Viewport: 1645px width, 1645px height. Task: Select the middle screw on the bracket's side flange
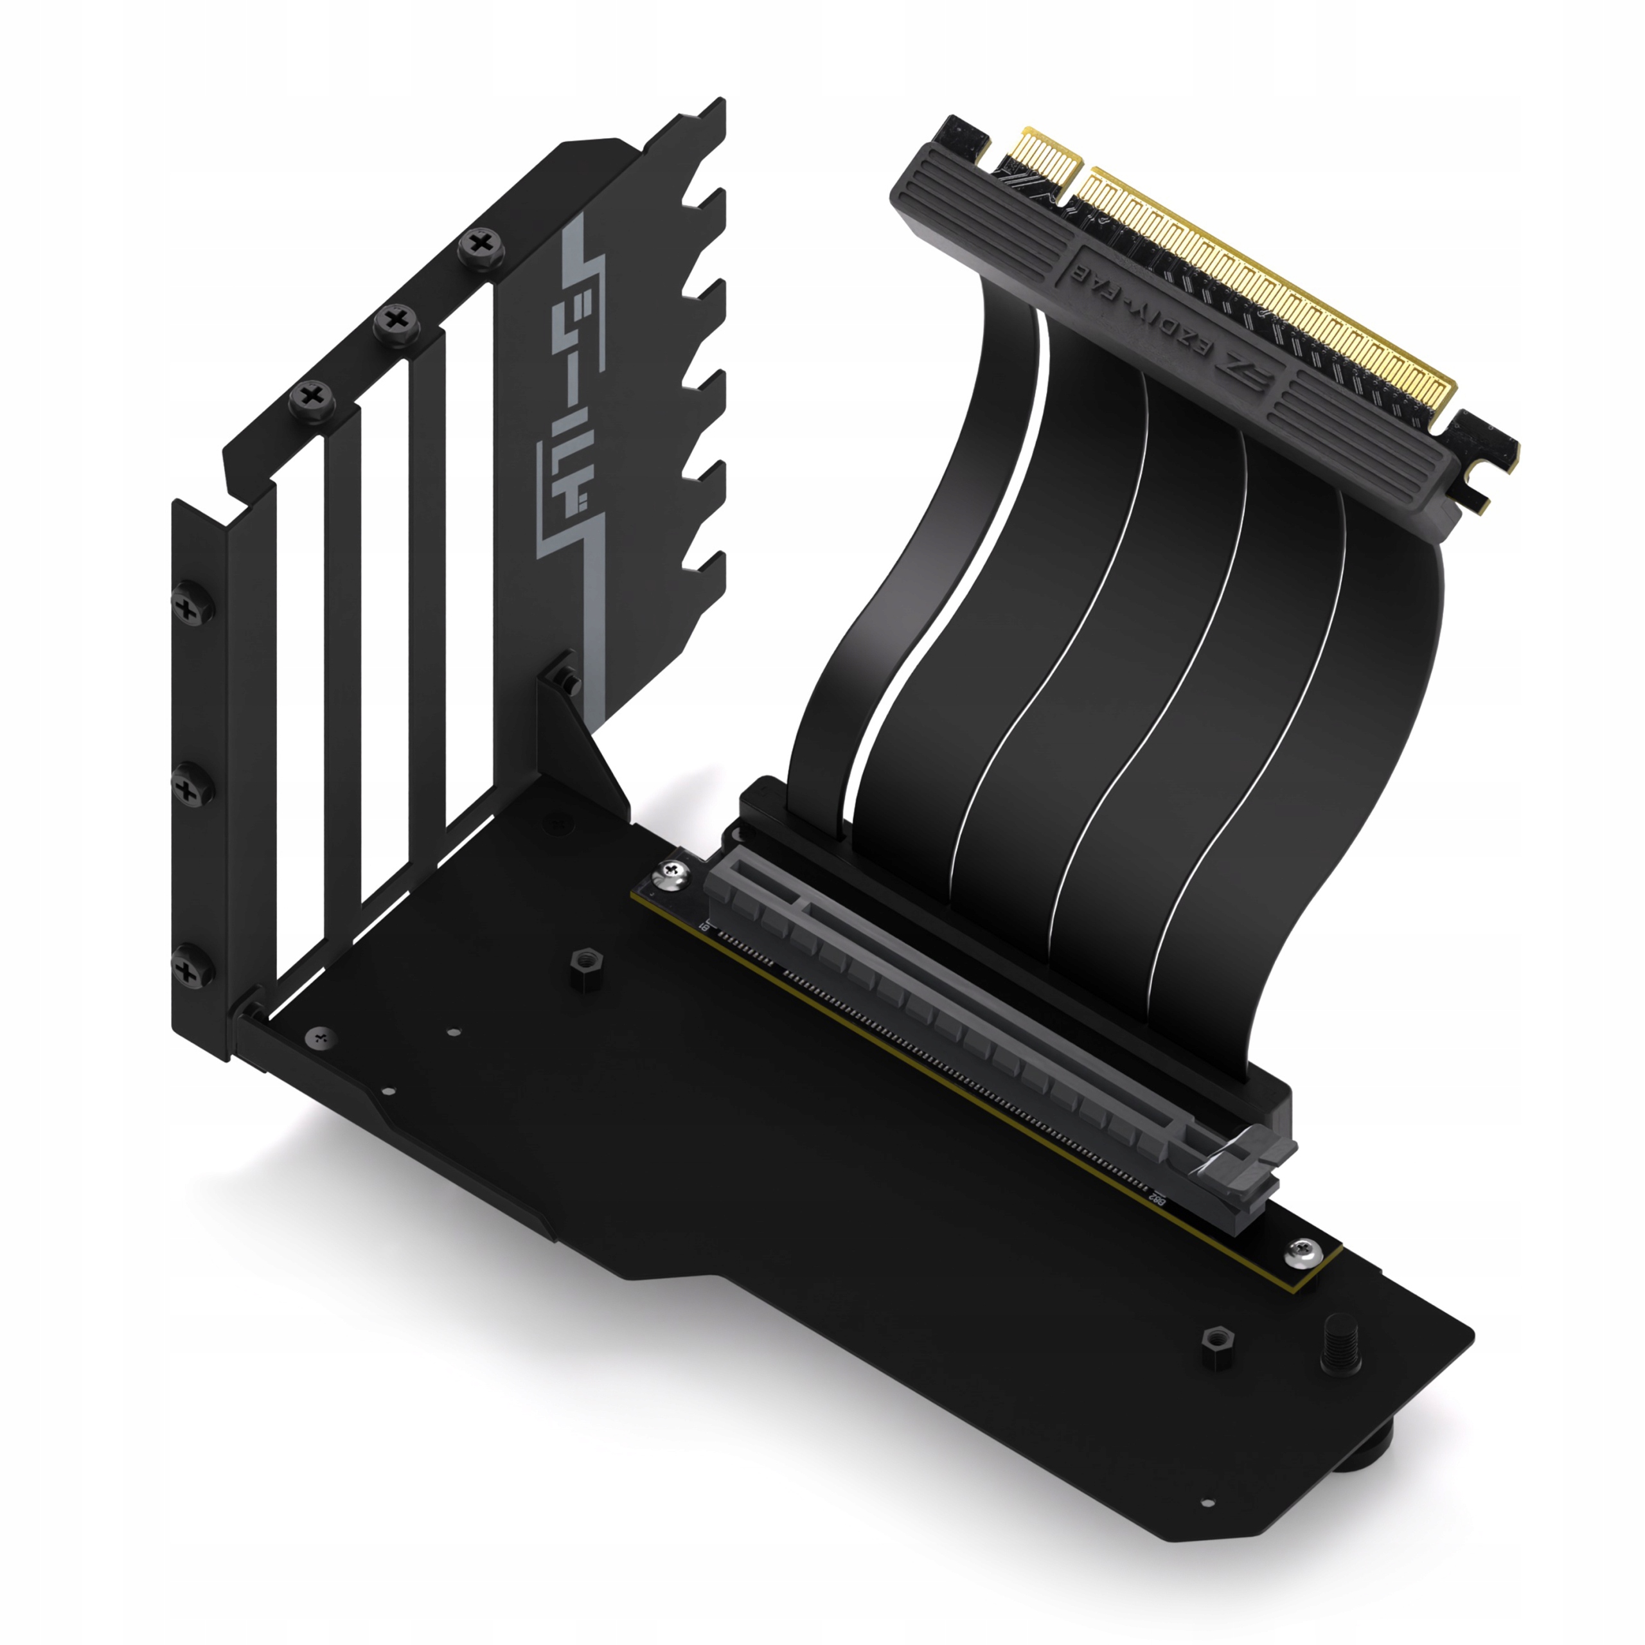coord(186,788)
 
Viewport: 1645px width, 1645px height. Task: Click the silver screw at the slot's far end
coord(671,870)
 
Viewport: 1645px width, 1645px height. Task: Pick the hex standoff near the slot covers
coord(586,964)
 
